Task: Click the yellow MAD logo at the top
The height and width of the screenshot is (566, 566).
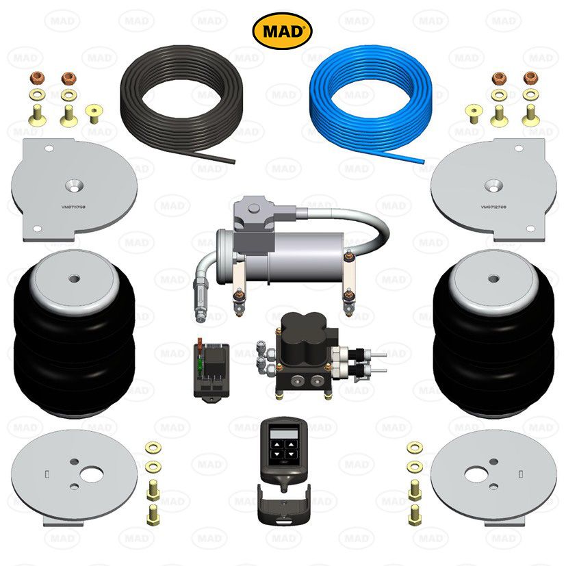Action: tap(282, 30)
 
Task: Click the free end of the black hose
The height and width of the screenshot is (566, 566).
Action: tap(232, 162)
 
